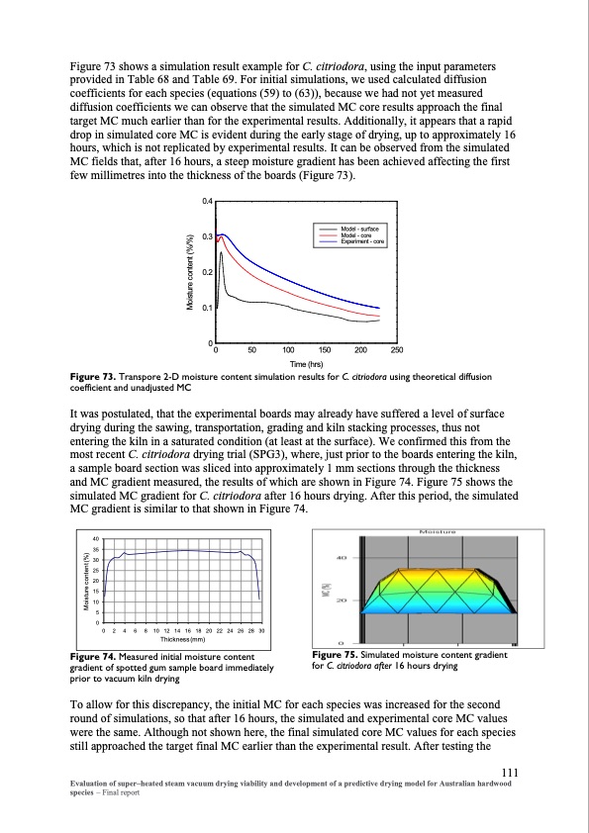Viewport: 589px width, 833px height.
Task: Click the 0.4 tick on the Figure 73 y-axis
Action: pos(207,202)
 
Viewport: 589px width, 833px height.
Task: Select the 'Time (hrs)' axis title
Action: pos(306,363)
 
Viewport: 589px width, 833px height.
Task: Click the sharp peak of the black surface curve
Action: pos(221,254)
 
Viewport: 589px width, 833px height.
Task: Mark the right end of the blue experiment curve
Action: pos(379,308)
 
